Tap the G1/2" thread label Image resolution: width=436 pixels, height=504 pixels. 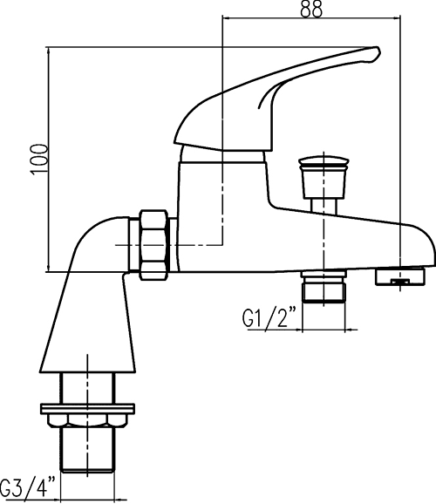point(269,317)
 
